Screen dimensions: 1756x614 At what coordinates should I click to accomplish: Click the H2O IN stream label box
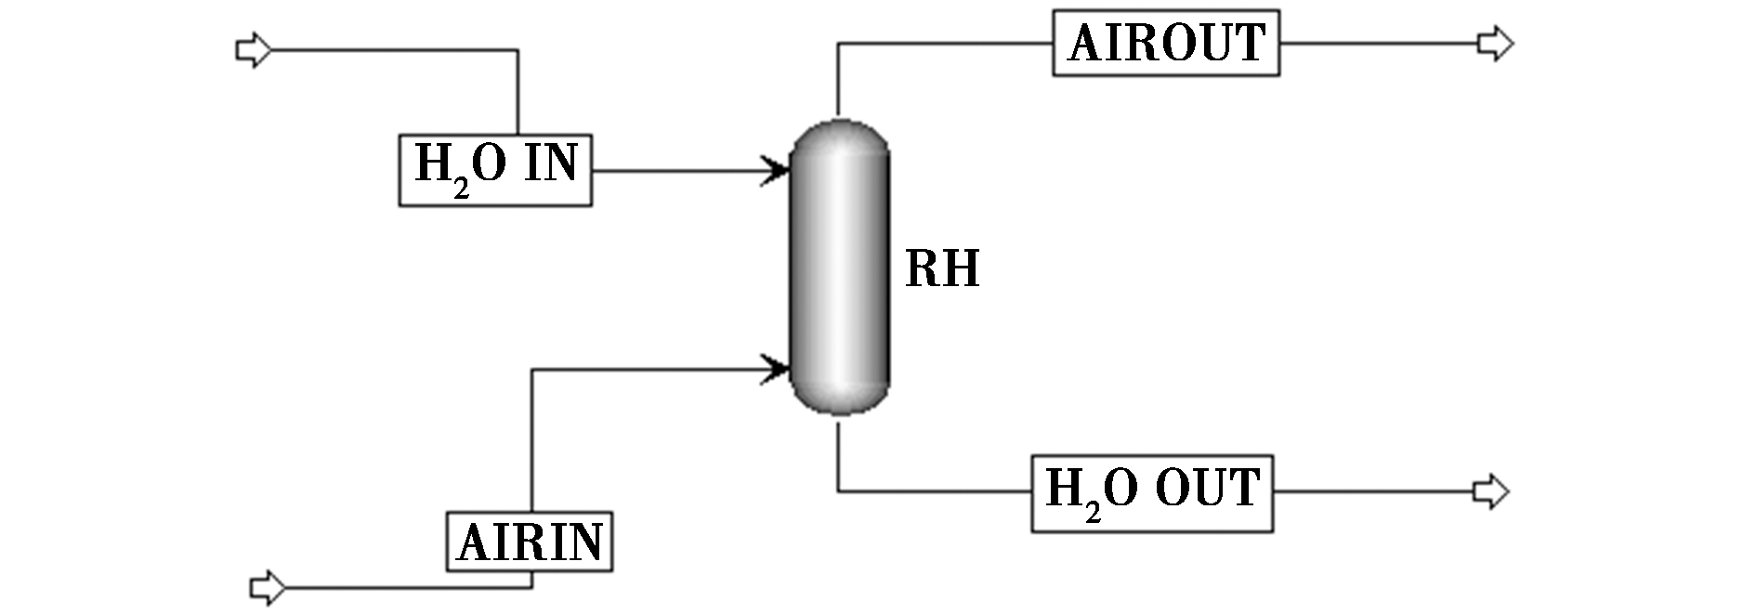point(495,170)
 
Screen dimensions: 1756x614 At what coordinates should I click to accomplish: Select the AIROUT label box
point(1166,43)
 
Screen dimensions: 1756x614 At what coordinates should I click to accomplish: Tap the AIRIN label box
point(530,541)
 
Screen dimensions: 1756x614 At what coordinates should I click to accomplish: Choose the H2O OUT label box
point(1152,493)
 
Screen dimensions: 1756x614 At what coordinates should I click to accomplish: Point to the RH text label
point(942,269)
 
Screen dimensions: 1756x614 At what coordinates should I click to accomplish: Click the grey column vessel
point(840,266)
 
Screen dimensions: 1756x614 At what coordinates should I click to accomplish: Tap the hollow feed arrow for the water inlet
point(254,49)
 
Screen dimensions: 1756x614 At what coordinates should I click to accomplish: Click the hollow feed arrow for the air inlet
point(268,587)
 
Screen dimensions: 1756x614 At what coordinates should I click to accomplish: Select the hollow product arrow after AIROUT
point(1496,43)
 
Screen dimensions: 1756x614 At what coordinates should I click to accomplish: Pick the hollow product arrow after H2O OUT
point(1491,491)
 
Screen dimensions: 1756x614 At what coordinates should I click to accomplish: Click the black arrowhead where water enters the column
point(776,170)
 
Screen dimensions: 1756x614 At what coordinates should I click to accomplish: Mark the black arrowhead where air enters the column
point(776,368)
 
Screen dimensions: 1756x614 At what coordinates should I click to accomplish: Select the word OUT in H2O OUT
point(1207,488)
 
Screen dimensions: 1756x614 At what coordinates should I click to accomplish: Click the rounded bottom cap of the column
point(840,396)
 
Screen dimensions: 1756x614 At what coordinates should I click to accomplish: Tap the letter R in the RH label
point(923,269)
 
